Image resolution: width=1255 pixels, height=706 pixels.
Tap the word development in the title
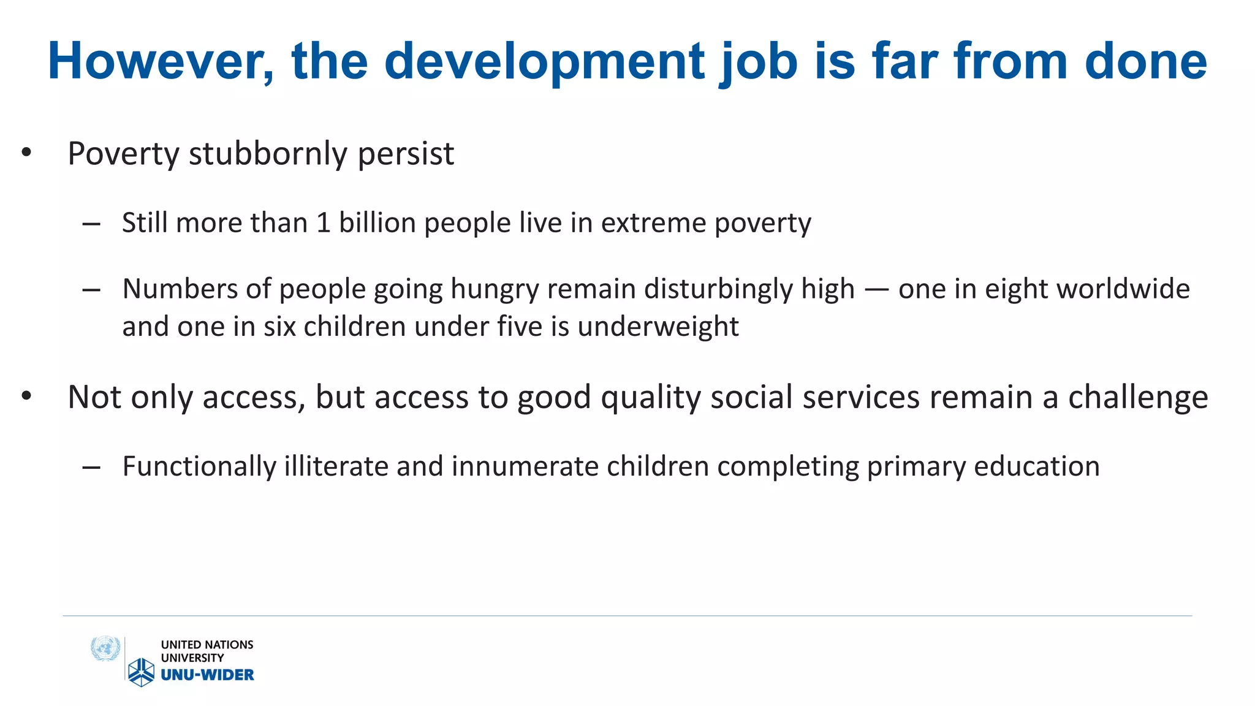545,61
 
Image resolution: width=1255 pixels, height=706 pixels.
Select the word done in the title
1145,61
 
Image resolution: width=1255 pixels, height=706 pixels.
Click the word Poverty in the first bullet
123,153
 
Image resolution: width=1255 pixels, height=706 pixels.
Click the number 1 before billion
323,222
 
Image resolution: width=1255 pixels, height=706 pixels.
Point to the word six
280,327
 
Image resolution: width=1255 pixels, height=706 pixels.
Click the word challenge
1138,398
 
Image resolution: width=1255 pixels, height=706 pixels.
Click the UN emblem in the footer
105,648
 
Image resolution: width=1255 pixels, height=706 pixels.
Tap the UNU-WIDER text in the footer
207,675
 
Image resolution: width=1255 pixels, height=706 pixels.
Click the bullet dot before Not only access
26,397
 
